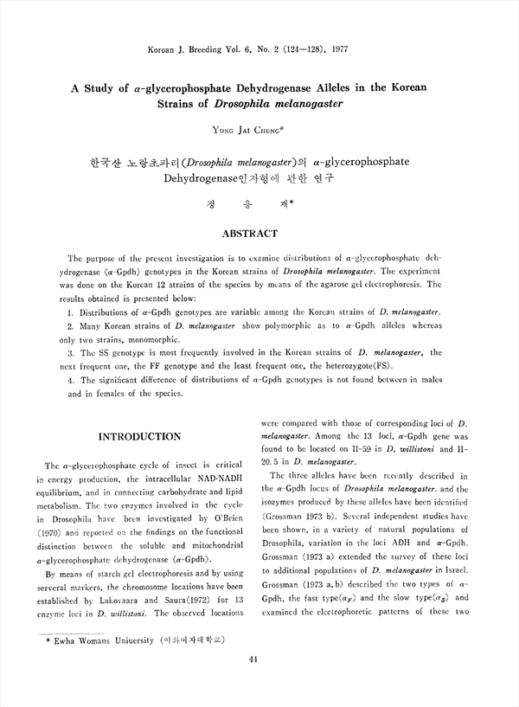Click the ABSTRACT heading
pos(250,234)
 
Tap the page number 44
pos(253,660)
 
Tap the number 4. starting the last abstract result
pos(70,380)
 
